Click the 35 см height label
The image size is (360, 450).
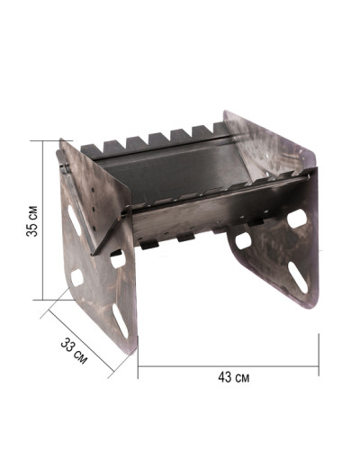pos(32,221)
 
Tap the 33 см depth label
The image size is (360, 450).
pos(74,350)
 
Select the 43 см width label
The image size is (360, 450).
pos(234,377)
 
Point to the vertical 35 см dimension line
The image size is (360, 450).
pos(43,220)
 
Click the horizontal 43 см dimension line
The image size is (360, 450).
pos(229,366)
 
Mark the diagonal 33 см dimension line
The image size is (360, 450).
pos(82,341)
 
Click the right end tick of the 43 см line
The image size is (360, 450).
pos(319,355)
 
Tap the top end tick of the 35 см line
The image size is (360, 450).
pos(51,140)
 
